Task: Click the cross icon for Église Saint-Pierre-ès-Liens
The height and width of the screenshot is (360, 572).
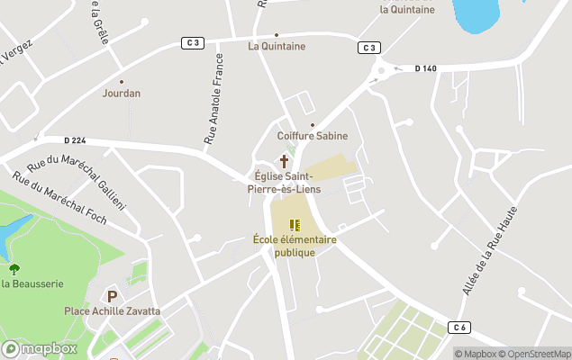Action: (x=284, y=162)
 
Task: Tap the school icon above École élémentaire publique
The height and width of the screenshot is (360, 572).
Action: (x=295, y=225)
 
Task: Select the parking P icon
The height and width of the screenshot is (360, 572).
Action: (x=113, y=296)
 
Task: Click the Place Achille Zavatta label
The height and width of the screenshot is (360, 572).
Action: (x=112, y=311)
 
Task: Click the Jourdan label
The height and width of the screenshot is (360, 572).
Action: (x=122, y=93)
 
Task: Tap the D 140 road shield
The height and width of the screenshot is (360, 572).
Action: (x=426, y=68)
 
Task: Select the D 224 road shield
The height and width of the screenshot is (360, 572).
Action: (x=75, y=139)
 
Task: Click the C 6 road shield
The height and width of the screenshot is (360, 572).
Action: (x=461, y=326)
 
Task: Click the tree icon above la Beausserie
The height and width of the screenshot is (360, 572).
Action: (x=14, y=269)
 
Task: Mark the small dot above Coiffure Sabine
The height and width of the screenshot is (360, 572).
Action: (x=313, y=125)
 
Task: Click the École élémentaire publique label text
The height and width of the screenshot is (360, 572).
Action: (x=295, y=246)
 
